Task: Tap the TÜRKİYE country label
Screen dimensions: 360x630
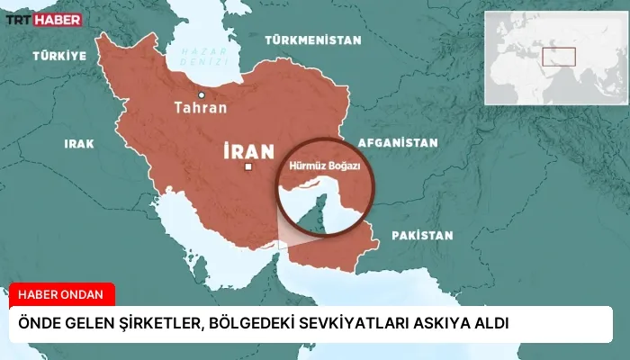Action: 59,56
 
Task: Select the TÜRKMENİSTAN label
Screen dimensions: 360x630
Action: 313,40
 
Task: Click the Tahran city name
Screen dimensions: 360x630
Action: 201,108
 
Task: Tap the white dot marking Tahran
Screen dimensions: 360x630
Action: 202,94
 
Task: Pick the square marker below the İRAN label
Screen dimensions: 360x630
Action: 248,167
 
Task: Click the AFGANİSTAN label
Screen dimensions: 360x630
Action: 397,143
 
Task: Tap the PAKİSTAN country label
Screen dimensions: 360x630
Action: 421,236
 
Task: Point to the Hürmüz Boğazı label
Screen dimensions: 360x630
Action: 325,166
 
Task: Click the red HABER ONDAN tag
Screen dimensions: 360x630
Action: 62,294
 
